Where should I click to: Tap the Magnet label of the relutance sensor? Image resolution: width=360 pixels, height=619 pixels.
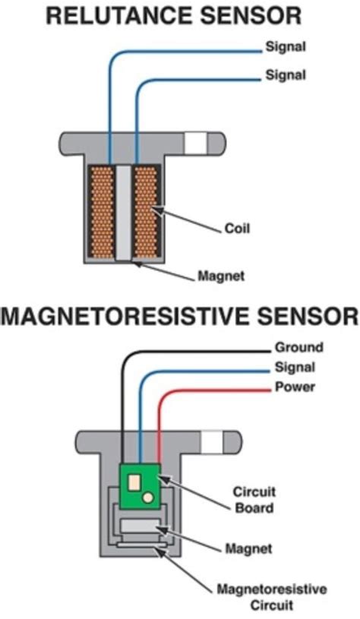[220, 276]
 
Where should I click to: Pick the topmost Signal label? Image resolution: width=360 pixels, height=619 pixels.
[285, 47]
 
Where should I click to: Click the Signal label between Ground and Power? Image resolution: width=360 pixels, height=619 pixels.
[295, 368]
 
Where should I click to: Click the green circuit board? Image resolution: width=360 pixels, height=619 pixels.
[140, 486]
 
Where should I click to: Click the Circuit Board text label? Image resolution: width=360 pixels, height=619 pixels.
[253, 499]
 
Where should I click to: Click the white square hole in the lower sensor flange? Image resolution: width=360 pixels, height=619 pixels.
[212, 441]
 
